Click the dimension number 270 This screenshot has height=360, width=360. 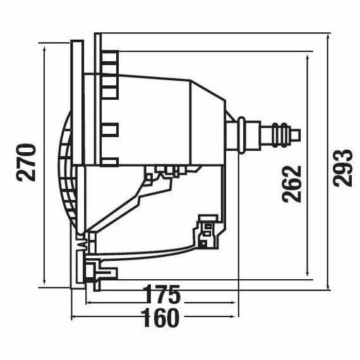26,162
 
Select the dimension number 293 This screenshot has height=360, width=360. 342,167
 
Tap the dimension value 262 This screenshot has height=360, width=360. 292,184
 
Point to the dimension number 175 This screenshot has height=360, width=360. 162,294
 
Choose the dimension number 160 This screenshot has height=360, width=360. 160,318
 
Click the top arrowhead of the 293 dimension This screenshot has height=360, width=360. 328,37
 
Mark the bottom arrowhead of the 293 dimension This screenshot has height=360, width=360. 328,286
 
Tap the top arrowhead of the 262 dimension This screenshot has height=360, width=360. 308,59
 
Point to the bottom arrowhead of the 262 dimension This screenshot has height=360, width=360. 308,272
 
